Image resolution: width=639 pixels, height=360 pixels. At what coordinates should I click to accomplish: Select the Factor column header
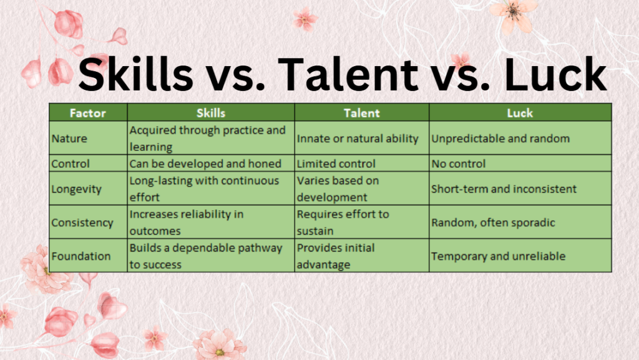click(88, 113)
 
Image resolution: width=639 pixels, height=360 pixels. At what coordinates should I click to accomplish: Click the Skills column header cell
click(211, 113)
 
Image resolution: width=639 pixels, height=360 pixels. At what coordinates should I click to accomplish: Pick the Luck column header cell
click(520, 113)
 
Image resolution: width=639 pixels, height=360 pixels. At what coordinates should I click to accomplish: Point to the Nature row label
click(69, 138)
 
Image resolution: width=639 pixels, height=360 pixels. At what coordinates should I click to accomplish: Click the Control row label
click(71, 163)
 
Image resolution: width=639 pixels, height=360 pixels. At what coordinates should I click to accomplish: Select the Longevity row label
click(76, 188)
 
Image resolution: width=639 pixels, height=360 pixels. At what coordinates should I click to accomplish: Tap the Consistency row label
click(82, 222)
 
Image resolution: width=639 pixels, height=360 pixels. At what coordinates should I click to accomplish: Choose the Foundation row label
click(80, 256)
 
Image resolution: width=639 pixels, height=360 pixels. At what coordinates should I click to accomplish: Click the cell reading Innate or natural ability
click(358, 138)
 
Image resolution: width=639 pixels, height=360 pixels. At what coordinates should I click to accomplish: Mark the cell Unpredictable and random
click(500, 138)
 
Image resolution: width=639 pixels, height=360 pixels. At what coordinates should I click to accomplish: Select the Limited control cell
click(336, 163)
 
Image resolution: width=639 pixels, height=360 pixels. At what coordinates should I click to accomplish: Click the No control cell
click(458, 163)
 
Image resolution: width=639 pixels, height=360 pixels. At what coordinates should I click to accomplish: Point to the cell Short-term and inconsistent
click(504, 188)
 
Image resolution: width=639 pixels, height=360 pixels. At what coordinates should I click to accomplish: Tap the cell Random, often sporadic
click(493, 222)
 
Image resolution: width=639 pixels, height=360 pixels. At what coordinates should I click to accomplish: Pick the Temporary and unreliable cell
click(498, 256)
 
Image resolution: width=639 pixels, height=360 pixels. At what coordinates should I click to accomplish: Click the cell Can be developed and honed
click(205, 163)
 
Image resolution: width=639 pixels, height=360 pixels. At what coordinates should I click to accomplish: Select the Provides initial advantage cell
click(336, 256)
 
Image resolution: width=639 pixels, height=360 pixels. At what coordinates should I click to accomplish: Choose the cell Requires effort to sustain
click(343, 222)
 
